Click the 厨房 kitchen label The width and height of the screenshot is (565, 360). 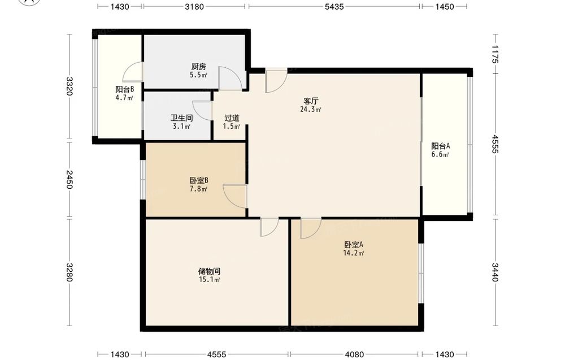coord(198,67)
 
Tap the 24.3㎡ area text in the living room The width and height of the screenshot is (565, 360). coord(311,109)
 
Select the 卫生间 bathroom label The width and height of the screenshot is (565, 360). coord(181,118)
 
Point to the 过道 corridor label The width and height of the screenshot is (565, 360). coord(232,118)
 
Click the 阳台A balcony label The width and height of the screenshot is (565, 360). coord(440,146)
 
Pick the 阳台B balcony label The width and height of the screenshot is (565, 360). coord(125,89)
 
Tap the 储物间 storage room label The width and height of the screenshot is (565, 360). coord(210,271)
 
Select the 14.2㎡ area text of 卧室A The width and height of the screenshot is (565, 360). coord(354,253)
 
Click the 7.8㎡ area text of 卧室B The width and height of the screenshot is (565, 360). coord(199,189)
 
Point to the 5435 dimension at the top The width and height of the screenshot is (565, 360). coord(334,6)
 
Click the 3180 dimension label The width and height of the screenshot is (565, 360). coord(194,6)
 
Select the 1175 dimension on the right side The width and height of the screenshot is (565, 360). coord(496,54)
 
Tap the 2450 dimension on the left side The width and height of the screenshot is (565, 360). coord(69,180)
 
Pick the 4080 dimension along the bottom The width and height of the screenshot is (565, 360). coord(354,354)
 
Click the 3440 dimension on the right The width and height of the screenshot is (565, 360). coord(496,272)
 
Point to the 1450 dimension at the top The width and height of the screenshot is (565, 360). coord(444,6)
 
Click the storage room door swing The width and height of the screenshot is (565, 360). coord(273,231)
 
